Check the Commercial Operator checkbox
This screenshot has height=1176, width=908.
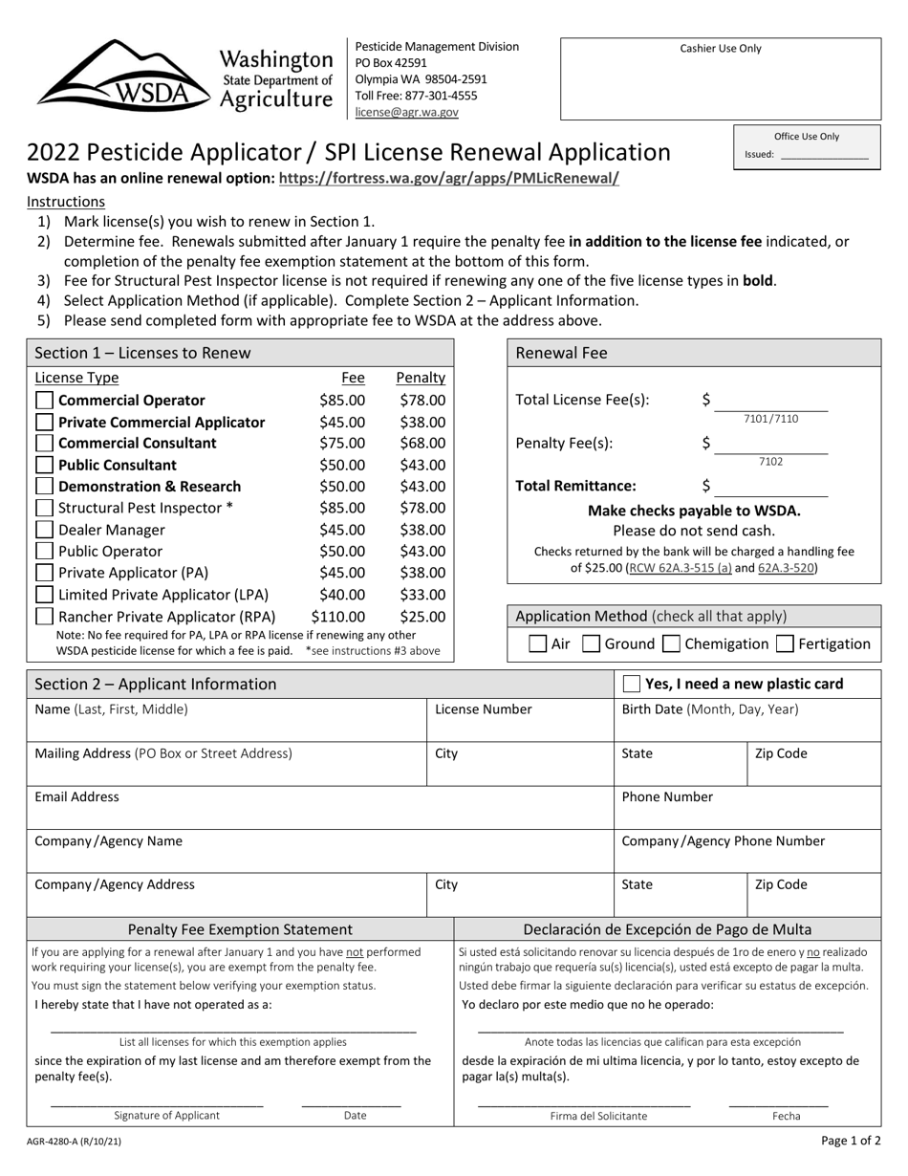point(44,401)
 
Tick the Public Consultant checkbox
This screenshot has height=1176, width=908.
point(44,465)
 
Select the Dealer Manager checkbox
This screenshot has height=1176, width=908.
point(44,530)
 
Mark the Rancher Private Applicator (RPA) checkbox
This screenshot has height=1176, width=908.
point(44,617)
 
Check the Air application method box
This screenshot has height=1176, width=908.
point(538,644)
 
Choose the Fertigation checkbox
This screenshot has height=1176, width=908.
point(785,644)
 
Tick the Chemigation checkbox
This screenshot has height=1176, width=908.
point(671,644)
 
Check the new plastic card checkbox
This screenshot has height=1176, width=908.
point(632,684)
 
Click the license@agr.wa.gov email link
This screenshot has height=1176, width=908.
point(406,112)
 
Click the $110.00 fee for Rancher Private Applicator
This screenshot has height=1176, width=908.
point(337,617)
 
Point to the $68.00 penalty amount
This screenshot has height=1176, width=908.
point(422,444)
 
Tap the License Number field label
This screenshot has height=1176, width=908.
point(483,709)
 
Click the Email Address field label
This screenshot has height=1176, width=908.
point(77,796)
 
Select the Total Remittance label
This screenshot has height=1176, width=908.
point(575,486)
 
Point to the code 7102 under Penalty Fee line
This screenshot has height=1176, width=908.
point(770,462)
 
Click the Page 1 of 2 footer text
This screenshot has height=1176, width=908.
point(851,1140)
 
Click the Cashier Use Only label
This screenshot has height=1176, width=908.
point(721,49)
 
